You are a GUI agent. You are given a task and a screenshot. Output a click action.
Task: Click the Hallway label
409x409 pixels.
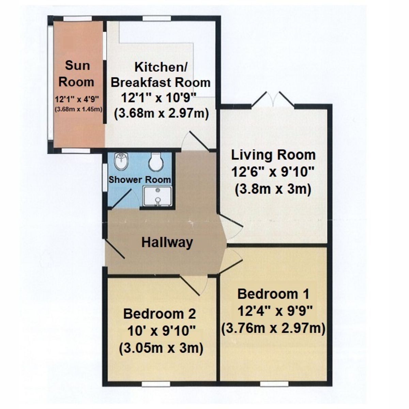click(167, 242)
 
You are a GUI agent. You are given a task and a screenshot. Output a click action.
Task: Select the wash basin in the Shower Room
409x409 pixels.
click(121, 161)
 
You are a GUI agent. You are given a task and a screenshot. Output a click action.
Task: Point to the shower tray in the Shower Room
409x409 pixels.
click(157, 196)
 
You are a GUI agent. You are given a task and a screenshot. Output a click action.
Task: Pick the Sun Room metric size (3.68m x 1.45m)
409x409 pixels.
click(79, 109)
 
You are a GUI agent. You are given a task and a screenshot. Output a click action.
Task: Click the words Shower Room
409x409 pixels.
click(140, 180)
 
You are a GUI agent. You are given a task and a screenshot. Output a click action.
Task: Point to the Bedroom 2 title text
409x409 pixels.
click(160, 314)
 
